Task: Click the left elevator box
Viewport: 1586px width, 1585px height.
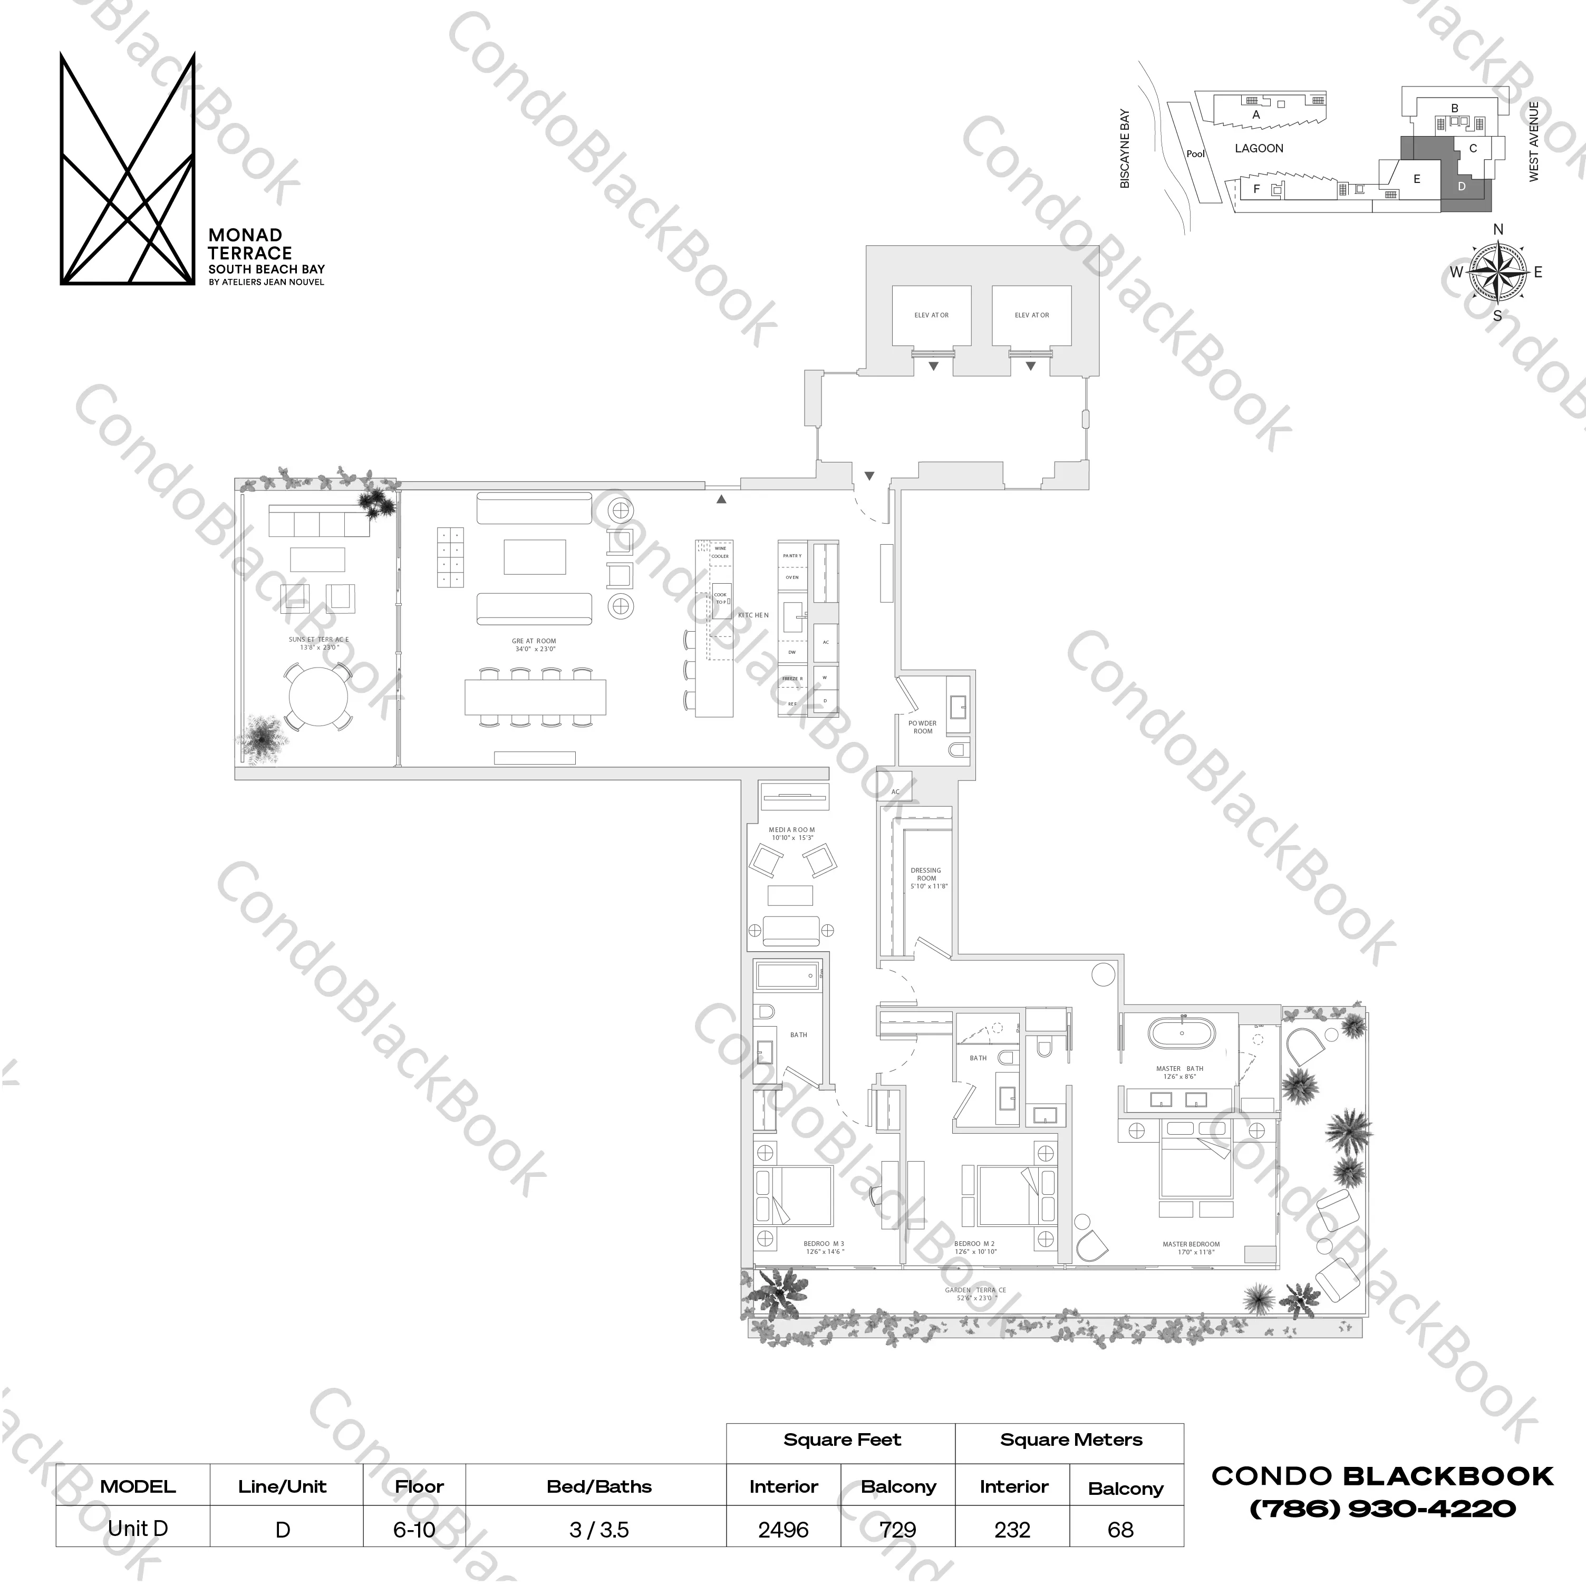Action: click(x=931, y=315)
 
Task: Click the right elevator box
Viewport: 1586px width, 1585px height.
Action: click(x=1031, y=315)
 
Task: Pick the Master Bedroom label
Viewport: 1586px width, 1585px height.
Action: click(x=1191, y=1248)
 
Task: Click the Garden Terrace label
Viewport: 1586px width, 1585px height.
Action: click(x=975, y=1293)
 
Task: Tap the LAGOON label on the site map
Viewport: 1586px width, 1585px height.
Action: click(x=1259, y=149)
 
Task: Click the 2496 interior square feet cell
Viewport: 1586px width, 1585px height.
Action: click(x=783, y=1530)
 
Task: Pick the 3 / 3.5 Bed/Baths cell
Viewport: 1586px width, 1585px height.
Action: click(x=598, y=1530)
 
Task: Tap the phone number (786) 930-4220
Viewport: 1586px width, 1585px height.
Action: click(x=1382, y=1509)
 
